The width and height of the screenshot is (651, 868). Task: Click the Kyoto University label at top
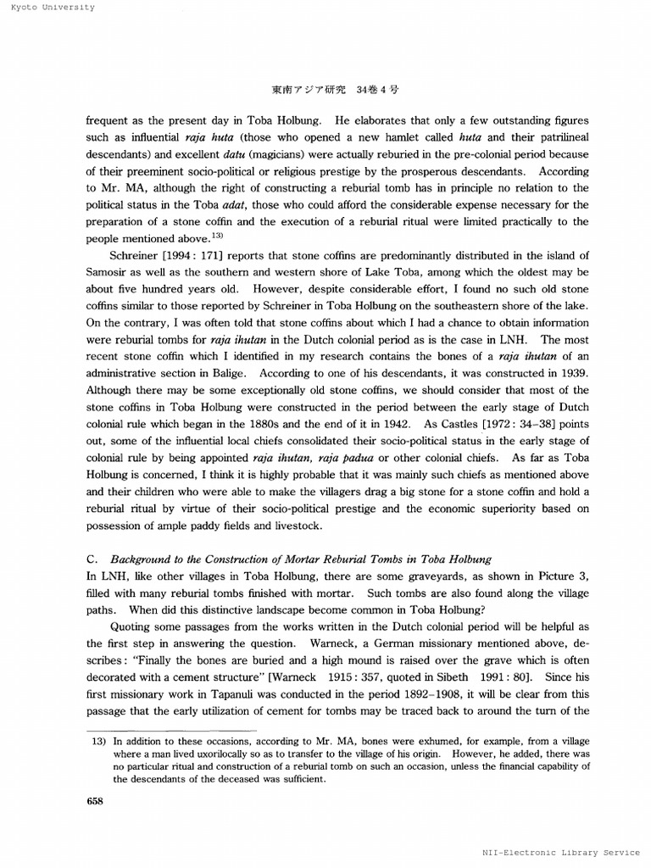tap(47, 8)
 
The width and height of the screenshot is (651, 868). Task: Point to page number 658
tap(95, 802)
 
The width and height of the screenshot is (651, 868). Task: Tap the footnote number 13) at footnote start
tap(98, 741)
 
